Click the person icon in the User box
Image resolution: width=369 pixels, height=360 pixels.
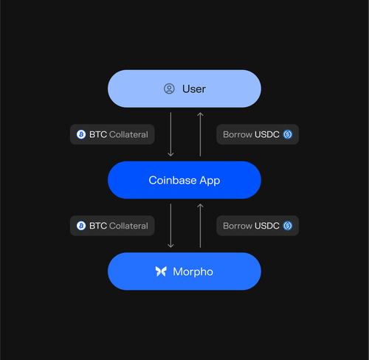169,89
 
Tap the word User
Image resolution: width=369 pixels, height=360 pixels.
194,89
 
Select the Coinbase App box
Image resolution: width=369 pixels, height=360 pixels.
184,180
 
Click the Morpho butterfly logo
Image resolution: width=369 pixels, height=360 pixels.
161,271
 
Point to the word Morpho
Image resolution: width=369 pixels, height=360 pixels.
193,271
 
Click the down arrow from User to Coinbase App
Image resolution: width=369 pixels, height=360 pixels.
170,134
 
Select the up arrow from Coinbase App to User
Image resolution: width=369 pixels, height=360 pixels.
200,134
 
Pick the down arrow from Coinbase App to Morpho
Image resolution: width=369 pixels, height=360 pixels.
170,226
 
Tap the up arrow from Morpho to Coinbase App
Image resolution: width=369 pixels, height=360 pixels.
200,226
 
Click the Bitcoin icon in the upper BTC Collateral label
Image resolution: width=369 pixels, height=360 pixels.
81,134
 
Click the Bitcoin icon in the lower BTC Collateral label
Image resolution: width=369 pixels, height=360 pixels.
81,226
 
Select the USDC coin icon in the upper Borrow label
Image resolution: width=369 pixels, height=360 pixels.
288,134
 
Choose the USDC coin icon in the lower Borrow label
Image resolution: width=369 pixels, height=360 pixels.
288,226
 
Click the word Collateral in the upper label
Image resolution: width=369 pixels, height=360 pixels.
128,134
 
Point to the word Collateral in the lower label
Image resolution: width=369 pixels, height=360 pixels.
128,226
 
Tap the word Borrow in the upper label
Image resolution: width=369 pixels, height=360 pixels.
238,134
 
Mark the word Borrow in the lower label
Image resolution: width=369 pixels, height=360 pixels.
238,226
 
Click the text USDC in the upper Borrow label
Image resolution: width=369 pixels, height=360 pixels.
267,134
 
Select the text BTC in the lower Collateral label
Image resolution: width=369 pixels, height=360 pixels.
98,226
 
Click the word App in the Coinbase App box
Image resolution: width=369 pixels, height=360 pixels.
210,181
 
